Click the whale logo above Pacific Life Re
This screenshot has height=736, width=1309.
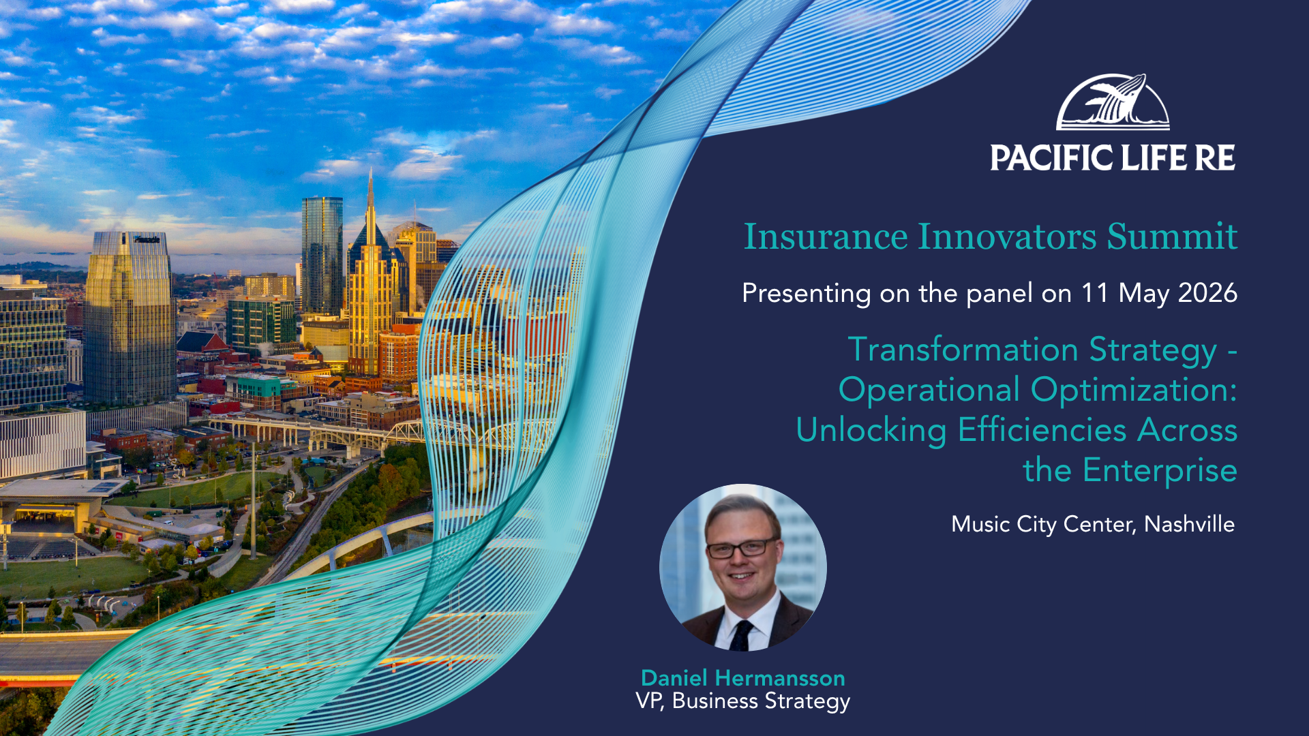pyautogui.click(x=1113, y=102)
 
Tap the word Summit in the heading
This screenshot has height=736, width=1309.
pyautogui.click(x=1172, y=236)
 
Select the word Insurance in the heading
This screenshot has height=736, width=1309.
pyautogui.click(x=826, y=236)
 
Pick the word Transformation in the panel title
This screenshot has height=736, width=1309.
pyautogui.click(x=963, y=350)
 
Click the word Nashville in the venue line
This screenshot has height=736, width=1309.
pyautogui.click(x=1189, y=524)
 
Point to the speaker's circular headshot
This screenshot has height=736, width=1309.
pyautogui.click(x=743, y=568)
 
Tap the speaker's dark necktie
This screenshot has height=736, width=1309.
pyautogui.click(x=740, y=635)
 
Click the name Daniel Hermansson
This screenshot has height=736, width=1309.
pyautogui.click(x=743, y=678)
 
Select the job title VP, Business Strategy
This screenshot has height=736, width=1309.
pyautogui.click(x=743, y=701)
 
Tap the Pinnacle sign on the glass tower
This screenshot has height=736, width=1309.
pyautogui.click(x=147, y=239)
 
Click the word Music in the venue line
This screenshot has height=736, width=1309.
pyautogui.click(x=980, y=524)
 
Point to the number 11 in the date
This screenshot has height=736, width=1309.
pyautogui.click(x=1095, y=293)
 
